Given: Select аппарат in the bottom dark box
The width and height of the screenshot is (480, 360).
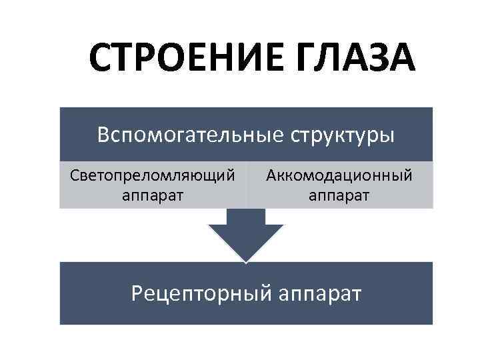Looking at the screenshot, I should click(x=317, y=293).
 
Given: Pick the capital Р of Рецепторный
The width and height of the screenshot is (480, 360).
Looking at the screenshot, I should click(x=137, y=293).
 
